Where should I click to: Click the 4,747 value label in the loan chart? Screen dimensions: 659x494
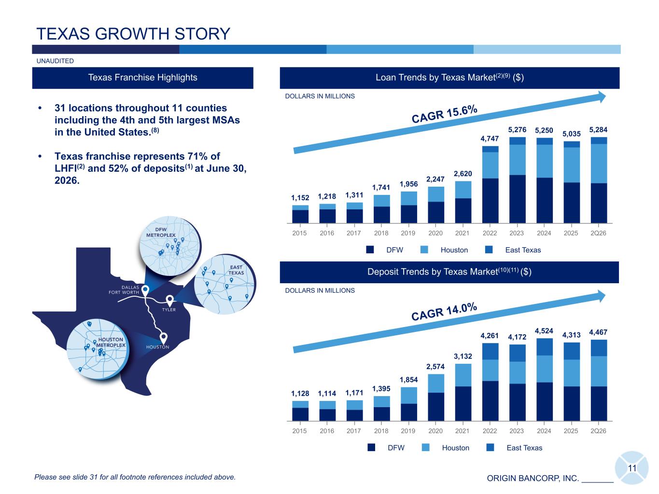[490, 138]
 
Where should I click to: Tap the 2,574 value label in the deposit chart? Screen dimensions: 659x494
[435, 366]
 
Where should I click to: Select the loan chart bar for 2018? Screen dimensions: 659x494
[381, 209]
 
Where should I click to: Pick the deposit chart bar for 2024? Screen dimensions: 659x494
[544, 379]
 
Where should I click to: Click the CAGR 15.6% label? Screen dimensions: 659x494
[444, 114]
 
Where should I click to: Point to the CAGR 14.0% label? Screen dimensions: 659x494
[444, 312]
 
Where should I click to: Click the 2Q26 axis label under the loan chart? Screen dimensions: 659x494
[598, 233]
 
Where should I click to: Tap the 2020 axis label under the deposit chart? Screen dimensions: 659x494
[435, 431]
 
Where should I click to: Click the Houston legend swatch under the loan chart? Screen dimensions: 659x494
[424, 249]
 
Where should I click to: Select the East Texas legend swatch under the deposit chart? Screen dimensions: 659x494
[490, 447]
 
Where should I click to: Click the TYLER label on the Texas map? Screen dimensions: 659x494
[168, 310]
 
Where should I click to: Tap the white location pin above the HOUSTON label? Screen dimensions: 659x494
[163, 338]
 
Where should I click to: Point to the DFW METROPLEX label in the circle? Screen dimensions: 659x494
[161, 232]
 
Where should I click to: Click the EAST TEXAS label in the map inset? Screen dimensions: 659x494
[236, 270]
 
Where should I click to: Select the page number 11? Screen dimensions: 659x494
[632, 468]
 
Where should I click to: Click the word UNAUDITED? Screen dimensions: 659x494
[55, 61]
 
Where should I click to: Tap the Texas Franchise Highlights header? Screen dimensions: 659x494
[142, 78]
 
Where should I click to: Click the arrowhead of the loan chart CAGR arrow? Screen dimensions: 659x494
[602, 97]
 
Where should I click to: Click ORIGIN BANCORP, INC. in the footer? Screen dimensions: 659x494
[533, 478]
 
